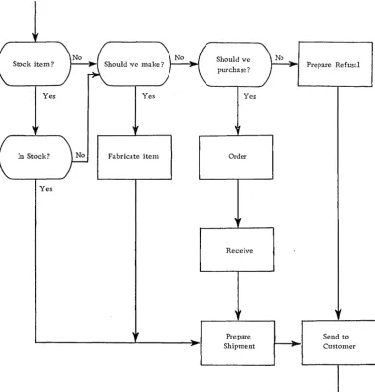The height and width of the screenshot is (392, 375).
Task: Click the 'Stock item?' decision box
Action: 34,63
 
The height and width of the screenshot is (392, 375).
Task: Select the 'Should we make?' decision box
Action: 133,64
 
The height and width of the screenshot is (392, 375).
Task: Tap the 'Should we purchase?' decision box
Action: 235,64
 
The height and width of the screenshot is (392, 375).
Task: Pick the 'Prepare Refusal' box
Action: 335,64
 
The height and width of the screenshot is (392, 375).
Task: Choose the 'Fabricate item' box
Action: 134,158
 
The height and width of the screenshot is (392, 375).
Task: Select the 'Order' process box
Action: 236,158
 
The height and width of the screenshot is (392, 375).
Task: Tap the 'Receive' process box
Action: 237,250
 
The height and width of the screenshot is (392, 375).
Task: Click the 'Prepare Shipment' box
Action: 238,342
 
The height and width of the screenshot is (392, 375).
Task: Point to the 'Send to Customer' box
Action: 339,342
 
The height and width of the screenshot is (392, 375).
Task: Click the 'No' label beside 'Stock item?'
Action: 77,57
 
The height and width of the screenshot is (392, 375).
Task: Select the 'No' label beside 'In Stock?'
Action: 80,155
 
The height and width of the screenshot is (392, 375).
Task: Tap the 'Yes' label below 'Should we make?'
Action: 149,96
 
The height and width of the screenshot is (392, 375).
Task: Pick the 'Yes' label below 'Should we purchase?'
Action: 250,96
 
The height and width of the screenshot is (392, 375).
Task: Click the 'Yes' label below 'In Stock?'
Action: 46,189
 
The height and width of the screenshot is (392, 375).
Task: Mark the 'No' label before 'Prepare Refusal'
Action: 280,58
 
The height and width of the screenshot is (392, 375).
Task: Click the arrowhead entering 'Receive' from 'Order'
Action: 238,223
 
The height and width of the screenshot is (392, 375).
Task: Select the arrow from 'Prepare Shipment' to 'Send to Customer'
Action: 288,343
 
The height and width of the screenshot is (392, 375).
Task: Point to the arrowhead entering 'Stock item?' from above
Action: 35,37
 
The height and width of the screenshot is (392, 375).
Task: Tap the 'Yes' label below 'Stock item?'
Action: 49,96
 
